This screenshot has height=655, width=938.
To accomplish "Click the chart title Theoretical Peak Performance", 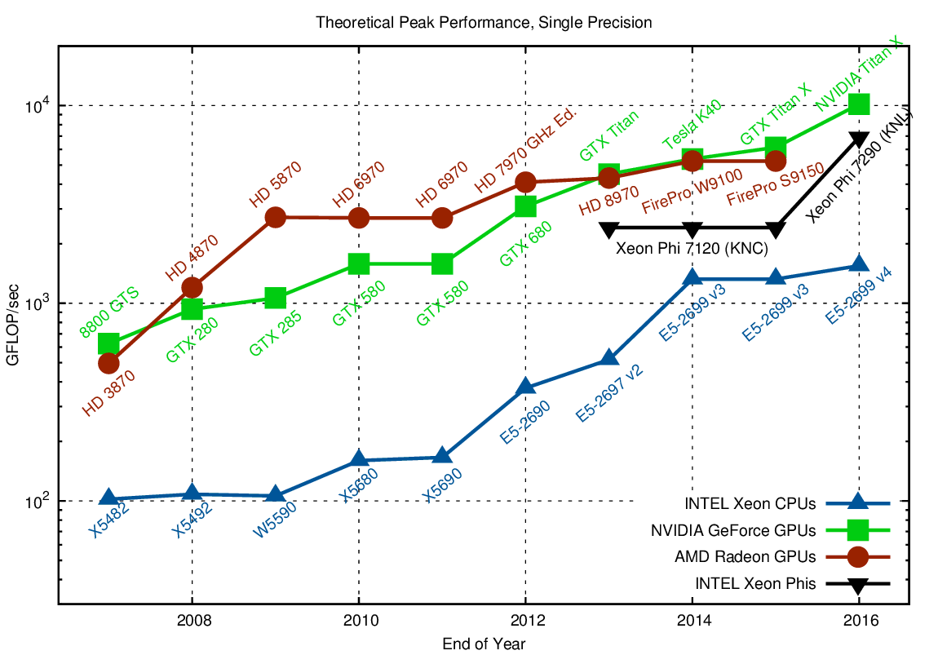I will (484, 23).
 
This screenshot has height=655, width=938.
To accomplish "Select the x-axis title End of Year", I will (484, 644).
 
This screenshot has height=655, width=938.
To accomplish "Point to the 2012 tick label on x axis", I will (525, 619).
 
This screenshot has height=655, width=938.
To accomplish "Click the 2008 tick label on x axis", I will (192, 619).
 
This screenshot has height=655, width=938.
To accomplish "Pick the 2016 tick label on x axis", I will (860, 619).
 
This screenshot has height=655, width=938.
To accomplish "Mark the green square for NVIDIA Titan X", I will (860, 104).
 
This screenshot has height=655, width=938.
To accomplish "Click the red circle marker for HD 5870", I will (275, 217).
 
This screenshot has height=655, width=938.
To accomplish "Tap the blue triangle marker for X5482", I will (108, 498).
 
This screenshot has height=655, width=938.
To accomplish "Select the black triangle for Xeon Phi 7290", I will (860, 139).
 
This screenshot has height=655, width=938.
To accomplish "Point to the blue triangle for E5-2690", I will (525, 387).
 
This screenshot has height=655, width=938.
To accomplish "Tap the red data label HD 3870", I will (108, 393).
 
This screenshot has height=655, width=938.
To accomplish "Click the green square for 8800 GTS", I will (108, 344).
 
